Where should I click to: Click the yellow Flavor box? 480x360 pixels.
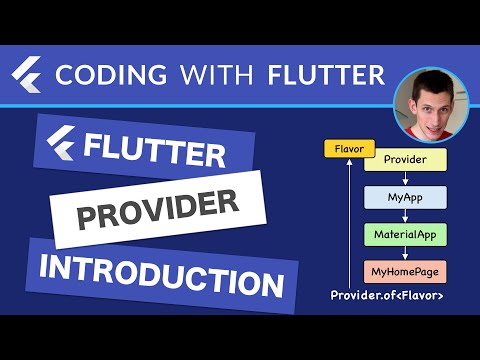click(x=346, y=150)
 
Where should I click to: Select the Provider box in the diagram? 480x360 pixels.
click(x=405, y=159)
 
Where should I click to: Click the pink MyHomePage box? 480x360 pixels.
click(x=405, y=271)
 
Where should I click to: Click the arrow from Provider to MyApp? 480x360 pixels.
click(x=405, y=177)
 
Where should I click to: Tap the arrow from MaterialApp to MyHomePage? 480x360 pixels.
click(x=405, y=252)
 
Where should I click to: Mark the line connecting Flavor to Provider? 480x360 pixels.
click(x=368, y=152)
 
